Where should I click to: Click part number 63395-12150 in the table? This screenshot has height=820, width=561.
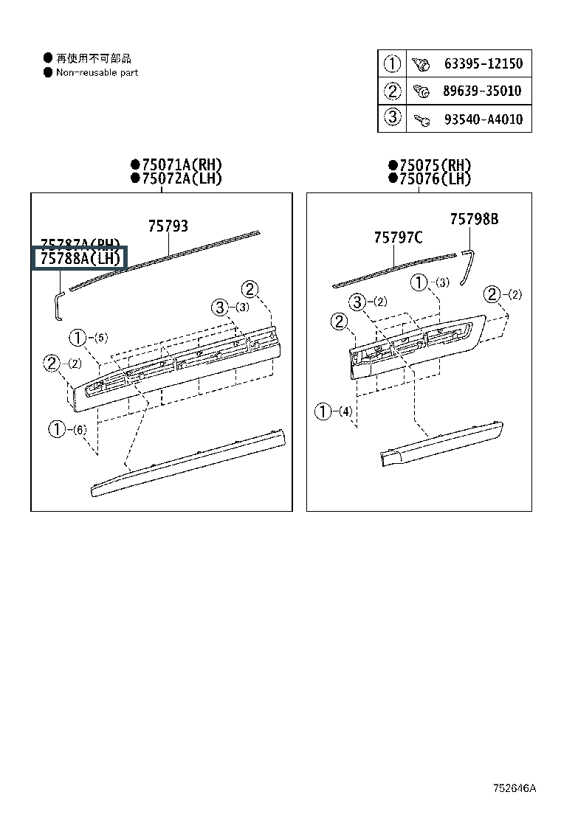[x=483, y=63]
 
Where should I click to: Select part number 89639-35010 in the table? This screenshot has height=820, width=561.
[x=483, y=91]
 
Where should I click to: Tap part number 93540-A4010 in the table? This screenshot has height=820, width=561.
[x=483, y=118]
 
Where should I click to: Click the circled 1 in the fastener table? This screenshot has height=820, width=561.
[x=392, y=63]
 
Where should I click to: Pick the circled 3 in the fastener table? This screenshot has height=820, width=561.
[x=392, y=117]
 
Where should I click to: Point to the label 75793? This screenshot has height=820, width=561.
[x=168, y=226]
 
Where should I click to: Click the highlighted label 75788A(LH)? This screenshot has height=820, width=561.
[x=80, y=259]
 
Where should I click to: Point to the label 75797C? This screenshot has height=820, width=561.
[x=398, y=237]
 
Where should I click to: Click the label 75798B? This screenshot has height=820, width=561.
[x=474, y=218]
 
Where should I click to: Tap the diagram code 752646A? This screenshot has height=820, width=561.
[x=515, y=788]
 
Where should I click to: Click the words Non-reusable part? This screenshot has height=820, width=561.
[x=97, y=72]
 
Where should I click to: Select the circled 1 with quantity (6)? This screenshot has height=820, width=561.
[x=57, y=428]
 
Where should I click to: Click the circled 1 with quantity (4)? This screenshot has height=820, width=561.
[x=323, y=411]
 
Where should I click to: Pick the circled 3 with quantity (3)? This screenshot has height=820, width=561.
[x=220, y=307]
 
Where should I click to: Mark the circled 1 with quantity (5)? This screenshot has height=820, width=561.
[x=78, y=338]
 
